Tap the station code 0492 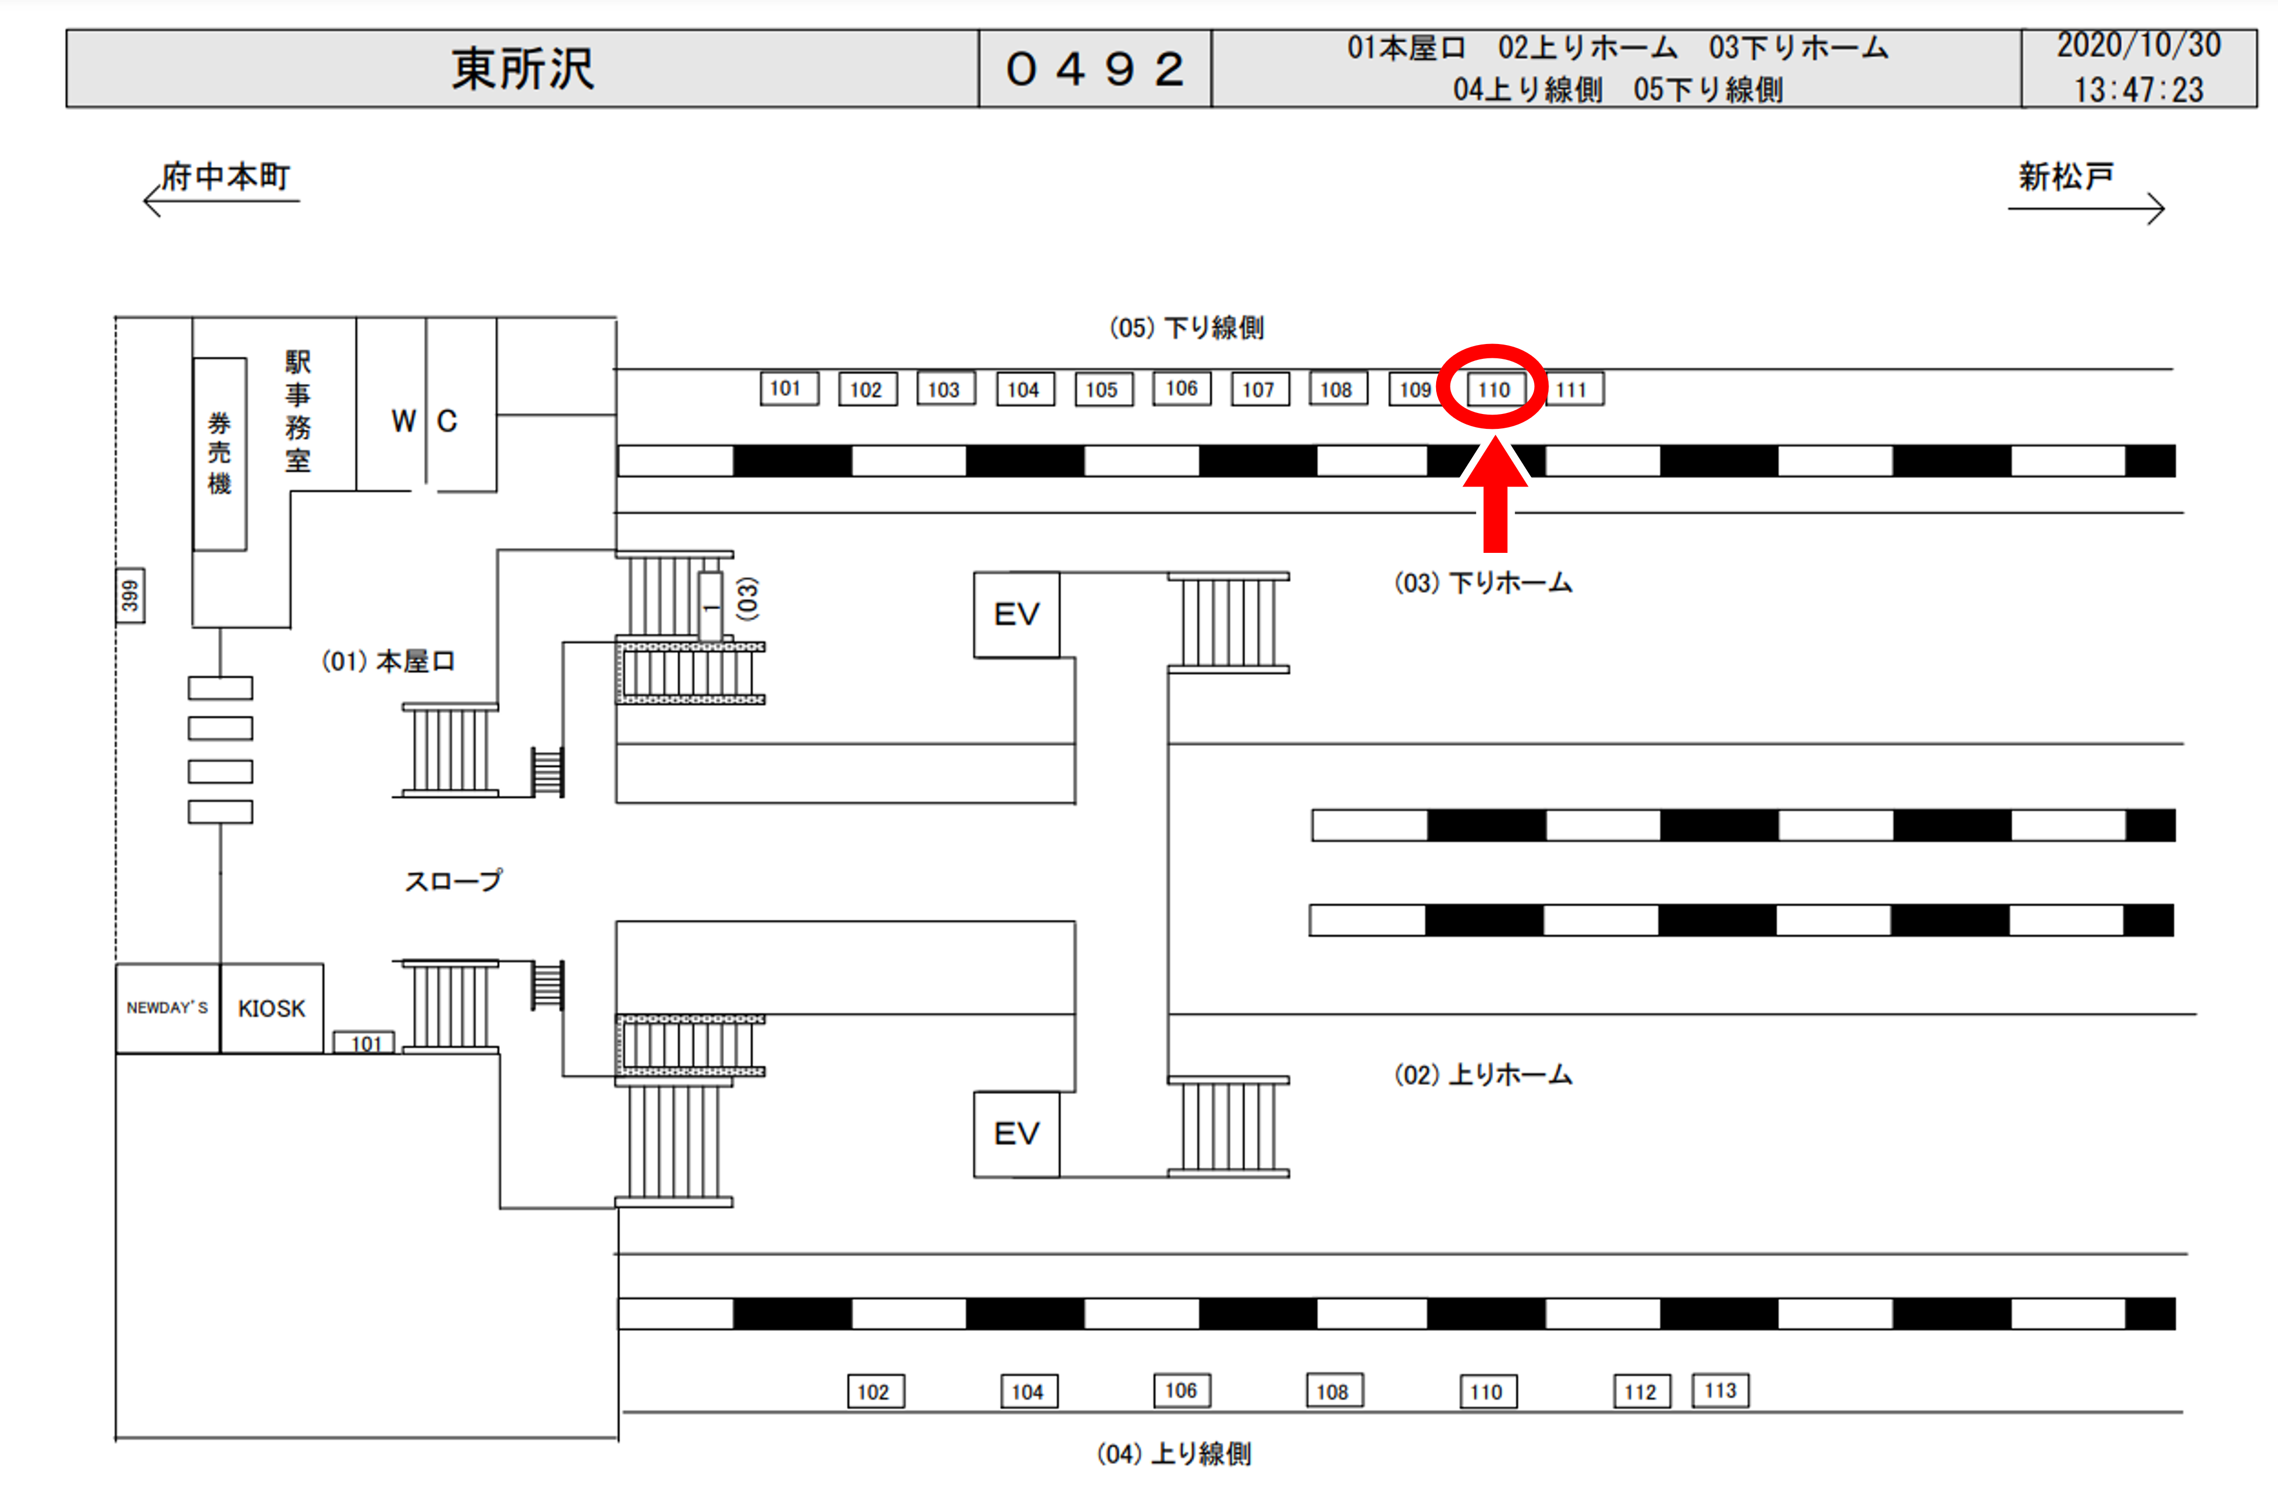click(1095, 69)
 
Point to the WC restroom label click(425, 421)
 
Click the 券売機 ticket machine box click(220, 454)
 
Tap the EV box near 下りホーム click(1016, 614)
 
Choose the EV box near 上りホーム click(1016, 1134)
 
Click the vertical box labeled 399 click(130, 595)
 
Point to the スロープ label click(453, 880)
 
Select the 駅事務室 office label click(297, 411)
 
